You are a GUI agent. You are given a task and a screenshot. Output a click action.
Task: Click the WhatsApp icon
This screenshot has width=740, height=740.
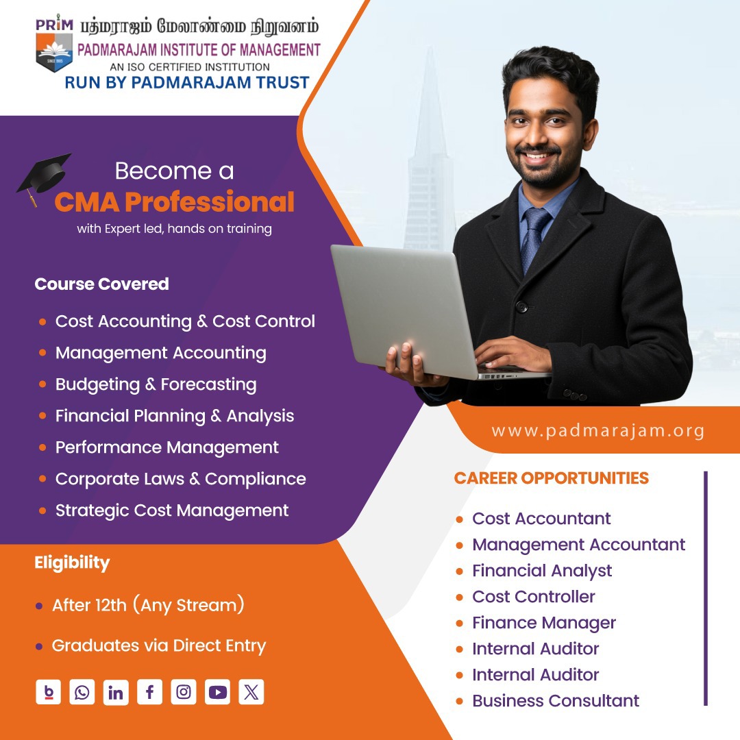click(x=82, y=692)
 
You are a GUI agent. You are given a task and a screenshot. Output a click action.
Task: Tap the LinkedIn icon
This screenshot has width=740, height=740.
click(x=116, y=692)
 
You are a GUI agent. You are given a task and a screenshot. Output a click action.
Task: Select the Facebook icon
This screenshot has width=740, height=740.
click(x=149, y=692)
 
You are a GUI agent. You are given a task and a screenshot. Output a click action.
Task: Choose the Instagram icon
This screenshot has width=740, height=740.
click(x=184, y=692)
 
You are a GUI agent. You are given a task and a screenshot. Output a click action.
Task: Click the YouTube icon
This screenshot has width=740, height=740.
click(x=218, y=692)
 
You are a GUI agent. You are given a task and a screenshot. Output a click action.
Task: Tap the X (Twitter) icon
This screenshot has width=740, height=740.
click(x=251, y=692)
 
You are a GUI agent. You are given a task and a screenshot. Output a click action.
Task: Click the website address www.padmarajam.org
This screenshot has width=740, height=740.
click(x=598, y=431)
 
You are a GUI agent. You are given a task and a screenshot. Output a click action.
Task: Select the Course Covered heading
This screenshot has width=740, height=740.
click(x=101, y=284)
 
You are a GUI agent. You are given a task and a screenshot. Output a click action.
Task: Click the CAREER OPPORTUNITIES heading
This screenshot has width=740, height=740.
click(x=551, y=478)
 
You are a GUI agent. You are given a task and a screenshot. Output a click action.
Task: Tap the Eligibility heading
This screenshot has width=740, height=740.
click(x=72, y=563)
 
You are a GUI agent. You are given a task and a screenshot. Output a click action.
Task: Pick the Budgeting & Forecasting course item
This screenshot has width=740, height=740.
click(x=156, y=384)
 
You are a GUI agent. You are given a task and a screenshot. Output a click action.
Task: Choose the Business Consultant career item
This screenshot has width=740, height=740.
click(x=556, y=701)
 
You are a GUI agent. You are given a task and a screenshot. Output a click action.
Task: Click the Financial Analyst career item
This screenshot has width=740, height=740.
click(x=542, y=571)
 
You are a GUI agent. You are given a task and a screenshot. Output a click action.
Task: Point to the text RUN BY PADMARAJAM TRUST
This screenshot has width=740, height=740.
click(x=187, y=83)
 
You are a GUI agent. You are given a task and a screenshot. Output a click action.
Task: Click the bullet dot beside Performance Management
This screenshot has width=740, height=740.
click(x=42, y=447)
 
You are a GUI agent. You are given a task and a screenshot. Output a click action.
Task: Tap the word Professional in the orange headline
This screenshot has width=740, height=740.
click(x=210, y=202)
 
